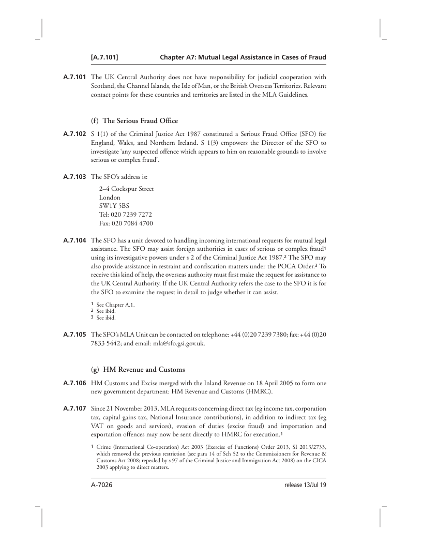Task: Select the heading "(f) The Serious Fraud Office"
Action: pyautogui.click(x=134, y=121)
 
